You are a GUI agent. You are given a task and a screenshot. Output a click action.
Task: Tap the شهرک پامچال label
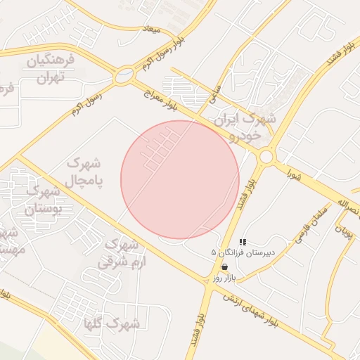pos(84,171)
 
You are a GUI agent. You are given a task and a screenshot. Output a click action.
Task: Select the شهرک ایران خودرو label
pos(247,125)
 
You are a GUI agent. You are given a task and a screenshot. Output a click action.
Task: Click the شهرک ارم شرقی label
pos(120,254)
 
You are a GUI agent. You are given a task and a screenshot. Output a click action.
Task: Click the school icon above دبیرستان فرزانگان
pos(243,241)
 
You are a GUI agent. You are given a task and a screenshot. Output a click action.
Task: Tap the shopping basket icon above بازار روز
pos(224,267)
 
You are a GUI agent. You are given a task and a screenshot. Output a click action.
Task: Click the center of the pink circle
pos(180,179)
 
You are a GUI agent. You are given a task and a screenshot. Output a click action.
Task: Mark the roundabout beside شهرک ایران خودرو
pos(266,157)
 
